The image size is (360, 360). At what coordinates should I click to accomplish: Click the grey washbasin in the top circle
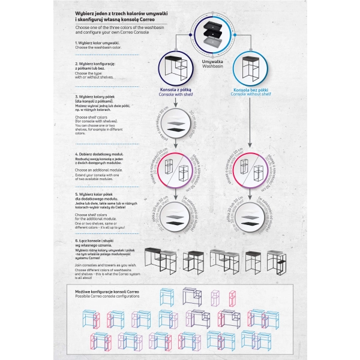213,41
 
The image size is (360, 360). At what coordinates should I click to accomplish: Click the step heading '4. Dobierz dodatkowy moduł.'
100,154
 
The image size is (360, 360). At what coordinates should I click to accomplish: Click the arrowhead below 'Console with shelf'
173,103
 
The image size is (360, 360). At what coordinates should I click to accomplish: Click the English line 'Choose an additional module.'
98,170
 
